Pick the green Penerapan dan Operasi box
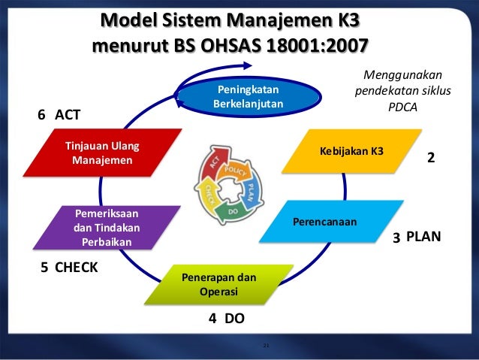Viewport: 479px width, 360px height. click(x=218, y=284)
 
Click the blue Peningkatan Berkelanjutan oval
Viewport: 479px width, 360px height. click(x=249, y=96)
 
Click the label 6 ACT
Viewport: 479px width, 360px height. click(x=59, y=114)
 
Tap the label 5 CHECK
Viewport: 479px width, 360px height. click(x=68, y=267)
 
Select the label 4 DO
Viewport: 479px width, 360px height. click(x=226, y=319)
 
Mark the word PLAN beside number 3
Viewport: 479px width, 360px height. click(x=422, y=237)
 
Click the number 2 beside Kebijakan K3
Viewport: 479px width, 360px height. click(x=431, y=159)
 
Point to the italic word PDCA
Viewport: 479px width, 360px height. click(x=402, y=106)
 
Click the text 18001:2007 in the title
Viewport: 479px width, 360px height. click(x=318, y=47)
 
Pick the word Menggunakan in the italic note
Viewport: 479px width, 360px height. click(x=402, y=74)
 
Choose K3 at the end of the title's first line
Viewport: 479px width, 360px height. click(x=356, y=17)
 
